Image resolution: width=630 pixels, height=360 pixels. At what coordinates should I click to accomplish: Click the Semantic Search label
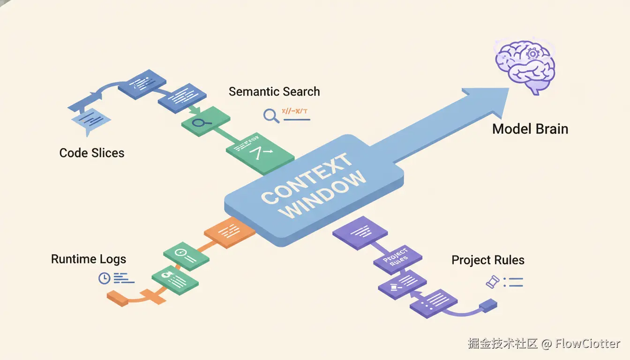274,91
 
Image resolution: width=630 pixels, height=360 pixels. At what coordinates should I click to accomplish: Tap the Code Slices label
92,153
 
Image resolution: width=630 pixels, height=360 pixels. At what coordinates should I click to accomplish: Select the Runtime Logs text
89,259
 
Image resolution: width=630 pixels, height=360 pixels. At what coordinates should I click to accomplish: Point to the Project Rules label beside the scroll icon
488,260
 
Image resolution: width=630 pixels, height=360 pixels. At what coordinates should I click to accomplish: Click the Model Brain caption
530,129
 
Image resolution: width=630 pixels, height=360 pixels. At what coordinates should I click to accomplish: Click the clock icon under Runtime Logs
104,278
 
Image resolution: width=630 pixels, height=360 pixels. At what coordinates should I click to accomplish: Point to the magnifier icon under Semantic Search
271,115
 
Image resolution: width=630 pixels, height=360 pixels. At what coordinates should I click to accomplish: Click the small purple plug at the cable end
487,306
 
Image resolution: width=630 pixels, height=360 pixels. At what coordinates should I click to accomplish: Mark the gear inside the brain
532,53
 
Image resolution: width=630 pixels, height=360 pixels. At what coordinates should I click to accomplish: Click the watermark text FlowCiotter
588,343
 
